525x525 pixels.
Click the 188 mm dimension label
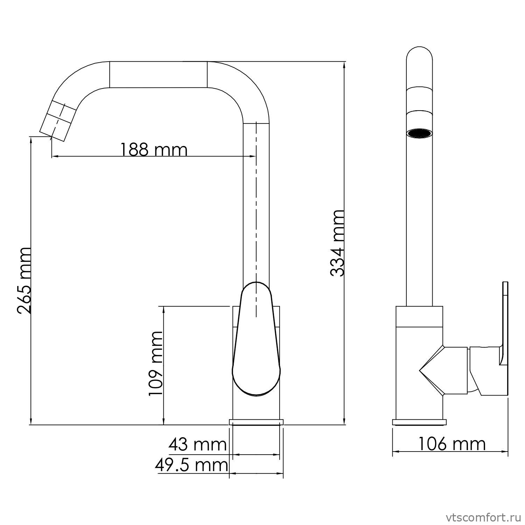click(x=154, y=149)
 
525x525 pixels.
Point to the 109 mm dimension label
click(x=155, y=363)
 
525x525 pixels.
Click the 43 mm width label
click(x=198, y=444)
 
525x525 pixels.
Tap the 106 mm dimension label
click(x=452, y=444)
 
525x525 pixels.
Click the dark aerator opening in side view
click(x=419, y=133)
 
